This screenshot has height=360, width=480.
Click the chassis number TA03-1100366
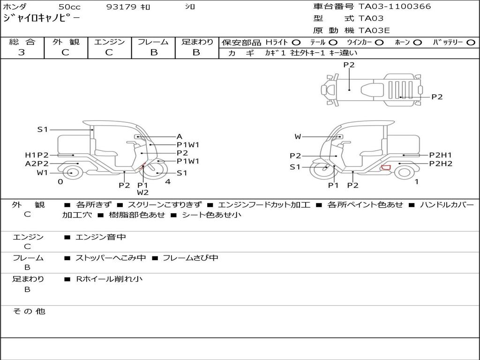click(395, 6)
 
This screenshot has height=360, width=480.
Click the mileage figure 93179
click(121, 7)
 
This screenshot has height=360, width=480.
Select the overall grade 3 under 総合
click(22, 52)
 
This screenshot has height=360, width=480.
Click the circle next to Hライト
click(296, 43)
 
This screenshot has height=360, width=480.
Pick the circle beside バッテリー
click(471, 43)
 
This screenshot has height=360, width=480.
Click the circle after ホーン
click(418, 43)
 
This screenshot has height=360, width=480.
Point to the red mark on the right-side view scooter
click(386, 167)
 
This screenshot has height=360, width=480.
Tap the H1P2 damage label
click(37, 155)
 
